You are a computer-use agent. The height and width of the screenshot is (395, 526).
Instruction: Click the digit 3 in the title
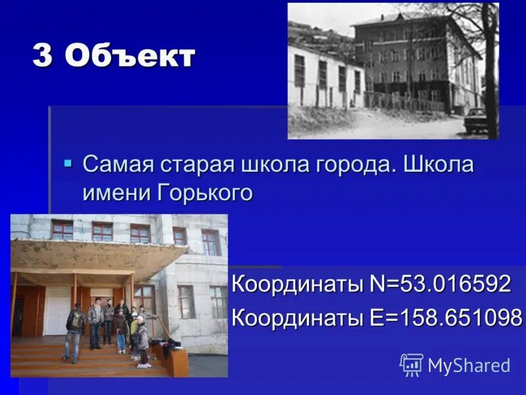pos(43,57)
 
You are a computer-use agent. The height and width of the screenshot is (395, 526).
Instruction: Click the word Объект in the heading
pos(130,57)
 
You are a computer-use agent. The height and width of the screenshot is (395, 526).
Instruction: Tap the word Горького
pos(206,193)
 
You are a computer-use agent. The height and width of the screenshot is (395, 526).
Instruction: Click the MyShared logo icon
pos(412,365)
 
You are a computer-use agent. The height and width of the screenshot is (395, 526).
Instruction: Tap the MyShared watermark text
pos(469,365)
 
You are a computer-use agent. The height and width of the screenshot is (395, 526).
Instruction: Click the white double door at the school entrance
pos(58,309)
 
